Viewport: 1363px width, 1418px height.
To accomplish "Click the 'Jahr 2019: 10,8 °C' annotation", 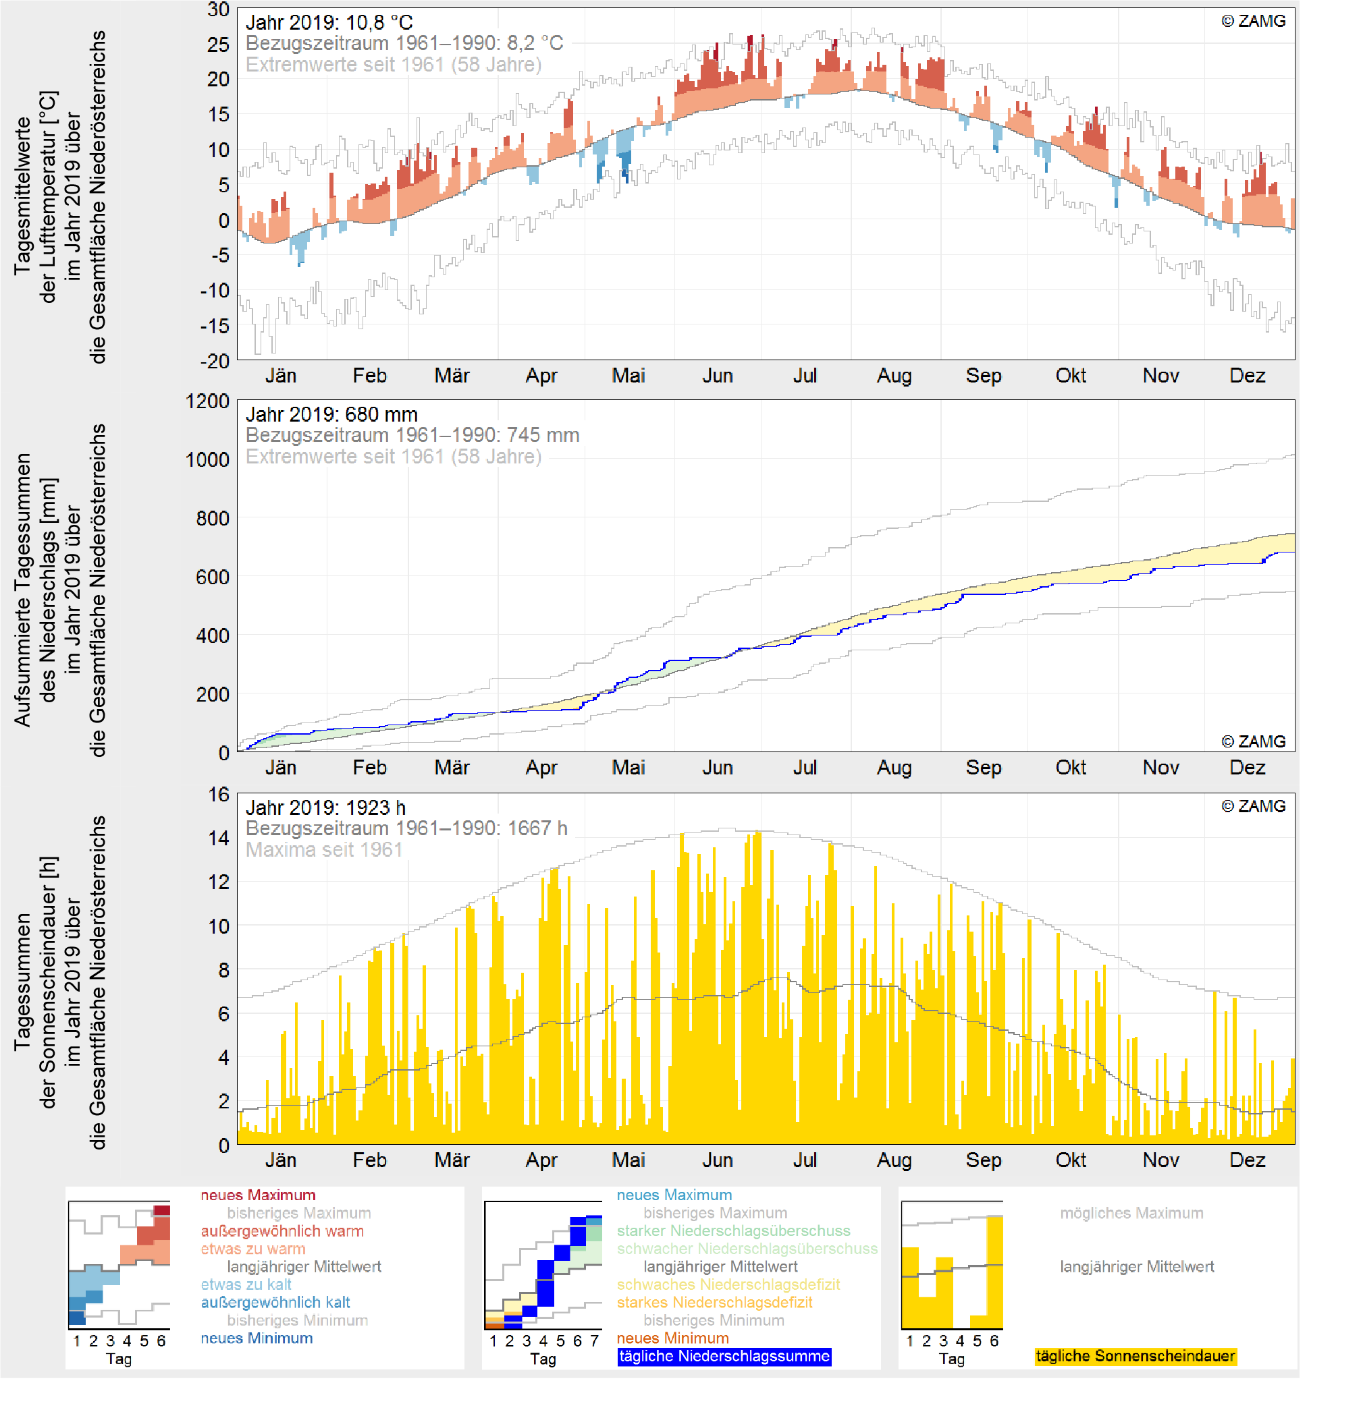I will [329, 22].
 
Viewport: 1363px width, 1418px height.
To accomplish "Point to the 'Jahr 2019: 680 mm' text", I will [331, 415].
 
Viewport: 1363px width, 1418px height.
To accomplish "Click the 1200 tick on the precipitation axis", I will [207, 401].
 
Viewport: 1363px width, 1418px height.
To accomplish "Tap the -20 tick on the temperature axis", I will [214, 361].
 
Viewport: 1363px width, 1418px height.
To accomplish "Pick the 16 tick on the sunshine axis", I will [219, 795].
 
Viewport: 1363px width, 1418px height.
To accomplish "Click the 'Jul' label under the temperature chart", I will [805, 376].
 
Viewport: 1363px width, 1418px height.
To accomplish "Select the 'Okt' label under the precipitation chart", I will [1071, 768].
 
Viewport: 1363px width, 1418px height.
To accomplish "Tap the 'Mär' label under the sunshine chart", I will [452, 1160].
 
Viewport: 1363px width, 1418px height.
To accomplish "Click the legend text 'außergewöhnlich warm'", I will [282, 1231].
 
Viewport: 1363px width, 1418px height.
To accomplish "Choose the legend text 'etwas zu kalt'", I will [246, 1285].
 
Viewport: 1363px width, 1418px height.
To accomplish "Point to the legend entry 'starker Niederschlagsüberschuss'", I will [733, 1231].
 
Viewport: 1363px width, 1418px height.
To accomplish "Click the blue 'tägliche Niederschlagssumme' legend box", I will [724, 1357].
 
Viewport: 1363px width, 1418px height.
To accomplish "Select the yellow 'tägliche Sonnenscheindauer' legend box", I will [1135, 1357].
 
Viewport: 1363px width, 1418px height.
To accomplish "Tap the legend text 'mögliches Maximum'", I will [1131, 1213].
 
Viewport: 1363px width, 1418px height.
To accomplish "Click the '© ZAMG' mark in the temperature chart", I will [1253, 21].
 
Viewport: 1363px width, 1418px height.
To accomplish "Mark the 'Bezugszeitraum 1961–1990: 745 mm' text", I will [412, 436].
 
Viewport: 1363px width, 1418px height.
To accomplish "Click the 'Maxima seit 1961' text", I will [323, 849].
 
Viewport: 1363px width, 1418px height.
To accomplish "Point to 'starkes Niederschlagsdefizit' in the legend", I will [714, 1302].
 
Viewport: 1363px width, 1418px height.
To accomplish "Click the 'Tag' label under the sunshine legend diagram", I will [952, 1359].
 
